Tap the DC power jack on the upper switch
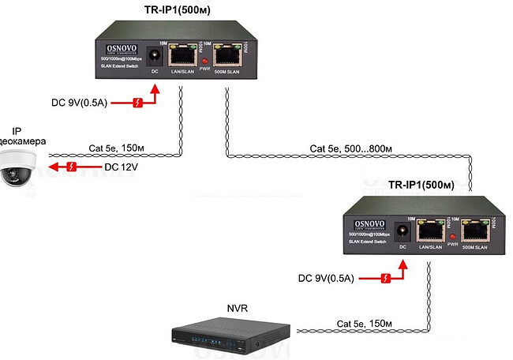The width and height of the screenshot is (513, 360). pos(155,55)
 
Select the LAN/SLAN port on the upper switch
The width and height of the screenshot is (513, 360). pos(184,54)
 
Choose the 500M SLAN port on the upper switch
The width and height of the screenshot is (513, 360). pos(228,54)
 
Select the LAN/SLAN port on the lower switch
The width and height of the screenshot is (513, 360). pos(431,231)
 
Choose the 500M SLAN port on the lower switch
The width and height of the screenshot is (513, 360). pos(475,231)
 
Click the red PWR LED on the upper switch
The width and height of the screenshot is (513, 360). pos(206,60)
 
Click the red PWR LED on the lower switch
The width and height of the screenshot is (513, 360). pos(453,236)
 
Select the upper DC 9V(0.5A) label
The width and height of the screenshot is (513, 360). pos(81,103)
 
